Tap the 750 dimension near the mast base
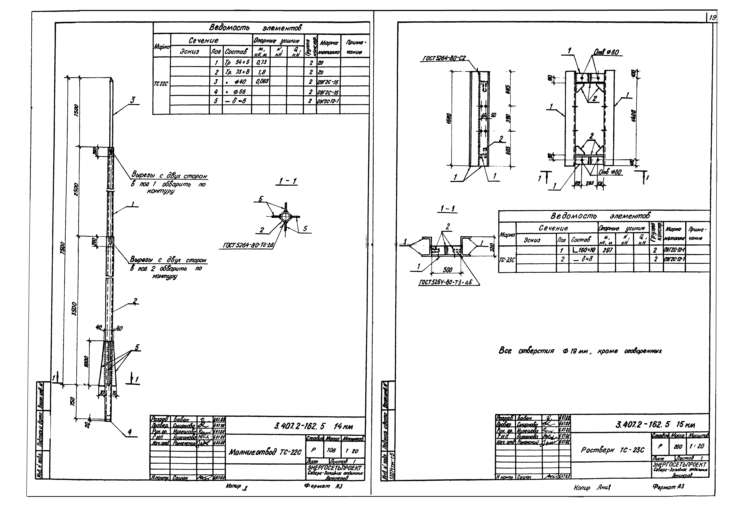pos(73,401)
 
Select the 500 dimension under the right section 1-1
pos(448,270)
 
